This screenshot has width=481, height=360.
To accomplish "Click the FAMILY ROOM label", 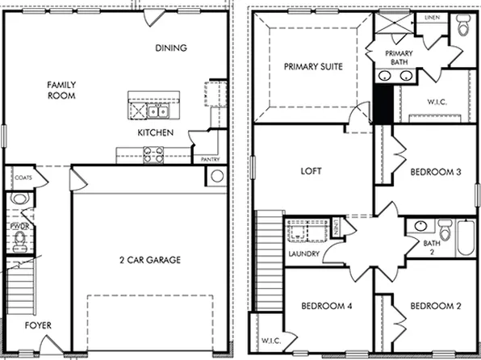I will pos(61,90).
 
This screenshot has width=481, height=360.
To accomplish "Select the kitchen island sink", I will pos(156,111).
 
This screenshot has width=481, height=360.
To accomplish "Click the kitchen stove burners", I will pos(153,151).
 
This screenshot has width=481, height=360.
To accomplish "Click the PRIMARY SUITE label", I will pos(313,67).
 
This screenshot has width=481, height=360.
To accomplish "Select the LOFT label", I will pos(312,171).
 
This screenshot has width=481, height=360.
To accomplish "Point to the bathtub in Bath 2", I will pos(466,238).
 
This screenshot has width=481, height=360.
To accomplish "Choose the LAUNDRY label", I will pos(303,254).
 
